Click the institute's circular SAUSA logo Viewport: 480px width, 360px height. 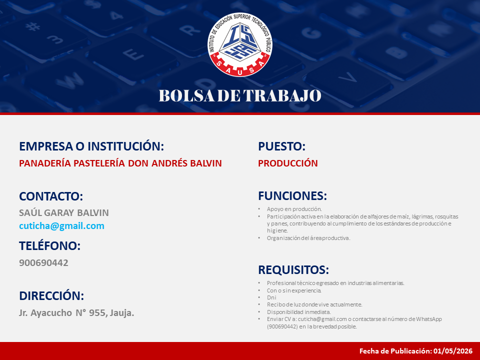point(239,44)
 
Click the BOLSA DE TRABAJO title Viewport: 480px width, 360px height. point(240,95)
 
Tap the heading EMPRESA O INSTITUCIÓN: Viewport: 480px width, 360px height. point(91,146)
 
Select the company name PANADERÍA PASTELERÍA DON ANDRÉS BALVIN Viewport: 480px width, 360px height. point(120,163)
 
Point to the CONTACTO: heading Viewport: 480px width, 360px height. point(51,196)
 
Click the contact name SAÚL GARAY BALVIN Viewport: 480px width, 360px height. point(64,212)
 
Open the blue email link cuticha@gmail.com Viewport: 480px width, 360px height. point(61,226)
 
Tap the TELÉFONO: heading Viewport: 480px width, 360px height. point(50,246)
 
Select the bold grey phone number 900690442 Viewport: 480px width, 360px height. point(44,262)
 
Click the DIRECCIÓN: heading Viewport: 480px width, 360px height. point(51,296)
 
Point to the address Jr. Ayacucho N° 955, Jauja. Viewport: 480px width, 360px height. point(76,313)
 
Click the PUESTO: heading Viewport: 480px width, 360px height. point(282,146)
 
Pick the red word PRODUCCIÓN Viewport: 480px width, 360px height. point(288,163)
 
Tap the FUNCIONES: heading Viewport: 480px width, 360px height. point(292,196)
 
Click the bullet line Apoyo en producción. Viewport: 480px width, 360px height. point(294,209)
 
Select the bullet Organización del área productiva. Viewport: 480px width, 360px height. point(308,238)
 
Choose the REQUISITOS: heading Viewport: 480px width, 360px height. point(293,270)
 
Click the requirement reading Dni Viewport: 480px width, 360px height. point(271,297)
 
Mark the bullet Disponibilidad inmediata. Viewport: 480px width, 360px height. point(299,312)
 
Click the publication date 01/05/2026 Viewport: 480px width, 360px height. point(453,351)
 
